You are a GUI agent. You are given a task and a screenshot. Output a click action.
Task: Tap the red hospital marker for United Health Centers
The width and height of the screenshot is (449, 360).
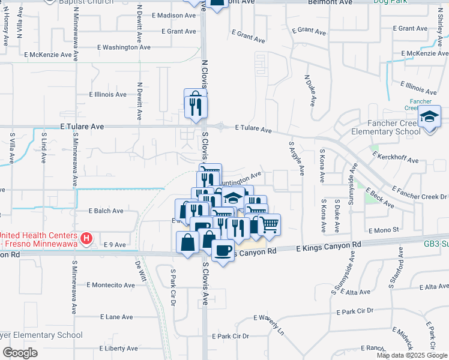click(87, 239)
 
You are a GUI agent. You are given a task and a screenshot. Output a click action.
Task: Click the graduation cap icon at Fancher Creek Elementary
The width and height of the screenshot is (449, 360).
click(430, 117)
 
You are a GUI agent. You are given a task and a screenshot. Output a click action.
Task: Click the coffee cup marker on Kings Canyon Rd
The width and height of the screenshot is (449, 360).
click(223, 250)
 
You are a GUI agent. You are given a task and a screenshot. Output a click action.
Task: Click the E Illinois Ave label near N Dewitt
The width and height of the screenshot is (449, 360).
click(107, 94)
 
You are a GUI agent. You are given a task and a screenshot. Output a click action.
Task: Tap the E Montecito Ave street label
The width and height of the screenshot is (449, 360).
click(111, 285)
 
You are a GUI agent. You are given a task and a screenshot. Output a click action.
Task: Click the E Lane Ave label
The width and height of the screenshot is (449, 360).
click(116, 316)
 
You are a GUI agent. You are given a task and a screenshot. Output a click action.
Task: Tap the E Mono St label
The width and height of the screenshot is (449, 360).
click(384, 230)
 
